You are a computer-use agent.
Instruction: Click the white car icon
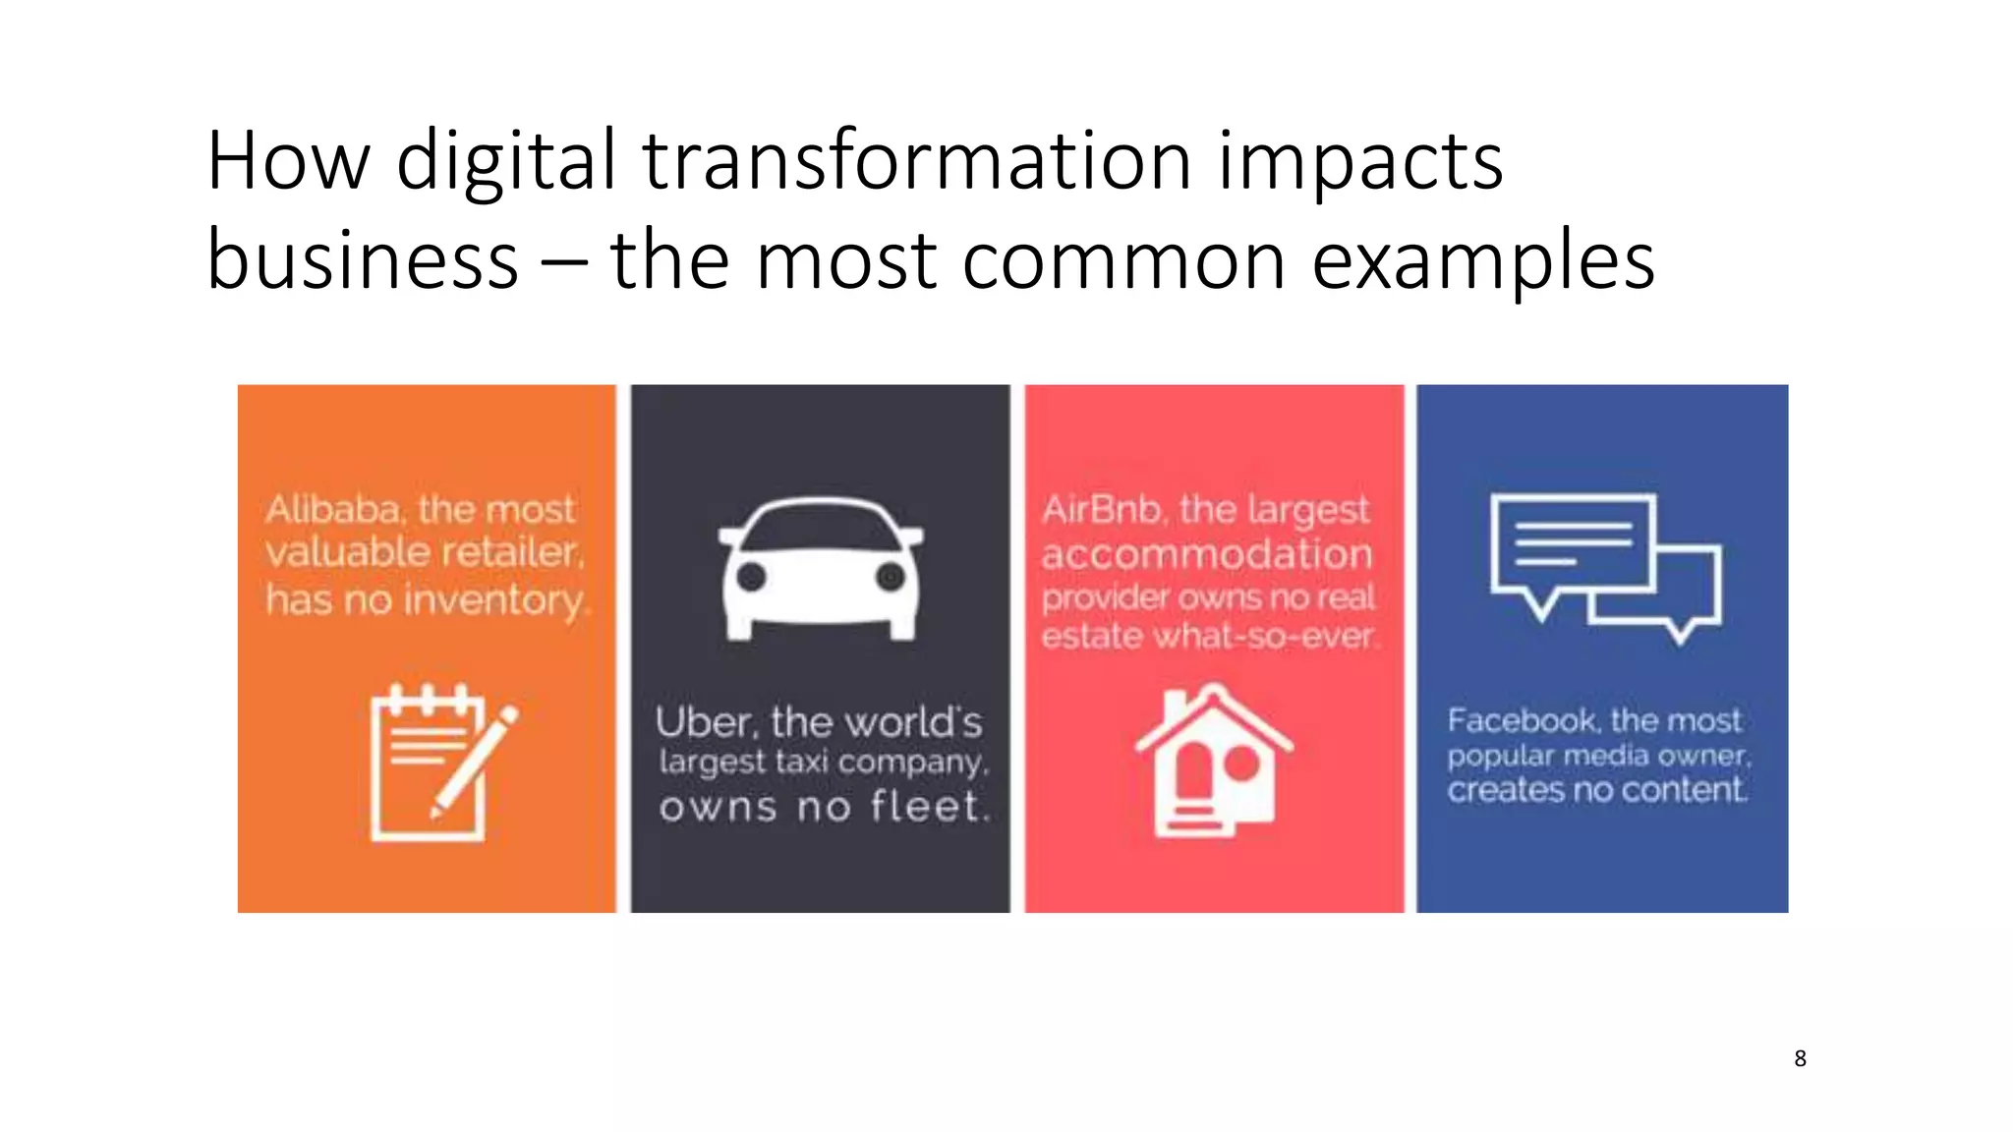821,570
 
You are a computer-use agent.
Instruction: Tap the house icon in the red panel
1214,763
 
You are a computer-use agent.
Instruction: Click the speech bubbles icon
1605,568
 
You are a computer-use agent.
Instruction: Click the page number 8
1800,1058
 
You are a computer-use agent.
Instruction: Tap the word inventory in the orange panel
495,600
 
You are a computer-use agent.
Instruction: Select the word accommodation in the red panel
1206,554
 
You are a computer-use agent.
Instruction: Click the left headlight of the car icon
751,577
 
